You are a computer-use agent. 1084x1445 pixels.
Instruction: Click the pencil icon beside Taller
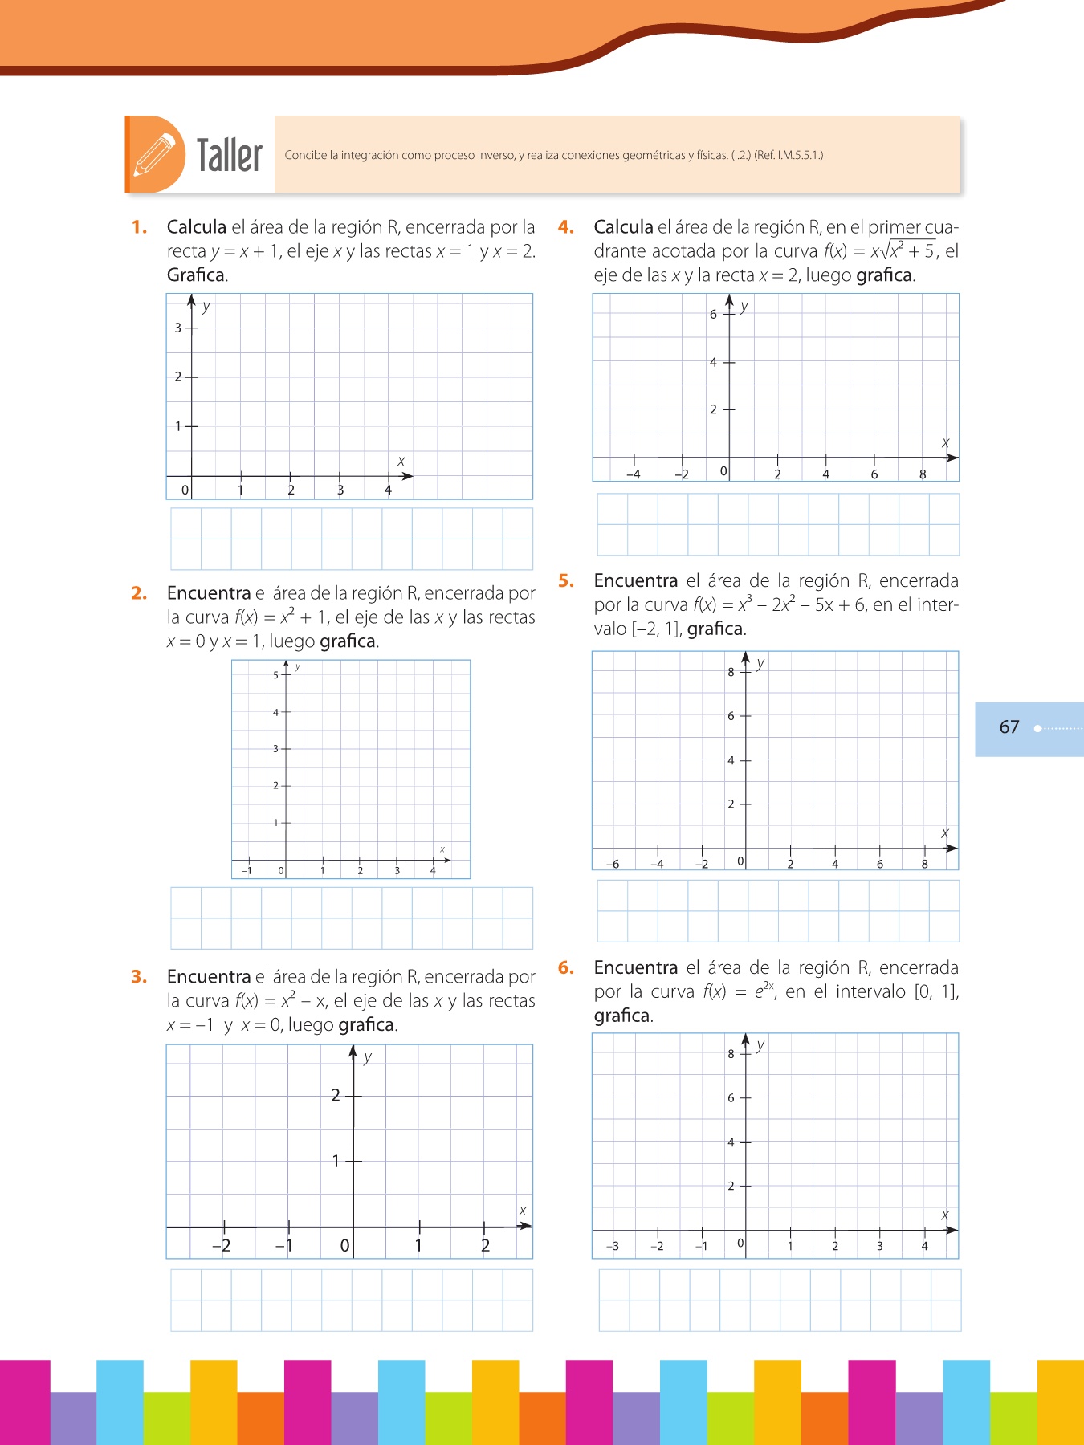154,154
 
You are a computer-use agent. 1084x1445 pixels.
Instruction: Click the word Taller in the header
230,155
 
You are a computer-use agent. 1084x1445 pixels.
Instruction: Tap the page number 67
1009,727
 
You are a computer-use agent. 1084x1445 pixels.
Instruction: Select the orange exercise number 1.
139,227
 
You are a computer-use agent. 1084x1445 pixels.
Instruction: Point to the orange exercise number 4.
565,227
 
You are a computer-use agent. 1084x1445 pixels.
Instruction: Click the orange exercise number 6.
565,967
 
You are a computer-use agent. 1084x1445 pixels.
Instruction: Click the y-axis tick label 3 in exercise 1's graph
178,328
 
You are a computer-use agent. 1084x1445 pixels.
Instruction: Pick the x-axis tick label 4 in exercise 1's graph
388,490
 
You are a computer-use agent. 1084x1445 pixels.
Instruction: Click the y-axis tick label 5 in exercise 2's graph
275,675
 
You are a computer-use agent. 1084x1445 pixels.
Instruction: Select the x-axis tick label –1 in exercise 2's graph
247,871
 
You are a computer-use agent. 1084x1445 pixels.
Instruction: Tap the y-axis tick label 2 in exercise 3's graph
336,1095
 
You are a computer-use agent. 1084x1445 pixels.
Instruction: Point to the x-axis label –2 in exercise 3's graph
221,1246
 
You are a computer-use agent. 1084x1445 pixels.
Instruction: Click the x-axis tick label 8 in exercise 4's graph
923,474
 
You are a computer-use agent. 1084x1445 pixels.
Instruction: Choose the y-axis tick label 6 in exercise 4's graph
713,315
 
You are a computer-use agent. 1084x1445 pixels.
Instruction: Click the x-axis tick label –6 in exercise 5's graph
612,865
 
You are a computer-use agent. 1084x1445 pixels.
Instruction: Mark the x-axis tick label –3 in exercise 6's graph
612,1247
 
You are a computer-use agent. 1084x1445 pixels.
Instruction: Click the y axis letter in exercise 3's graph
368,1057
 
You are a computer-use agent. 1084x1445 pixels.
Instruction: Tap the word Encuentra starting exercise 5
635,580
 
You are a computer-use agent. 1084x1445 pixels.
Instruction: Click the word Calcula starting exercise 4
623,227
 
